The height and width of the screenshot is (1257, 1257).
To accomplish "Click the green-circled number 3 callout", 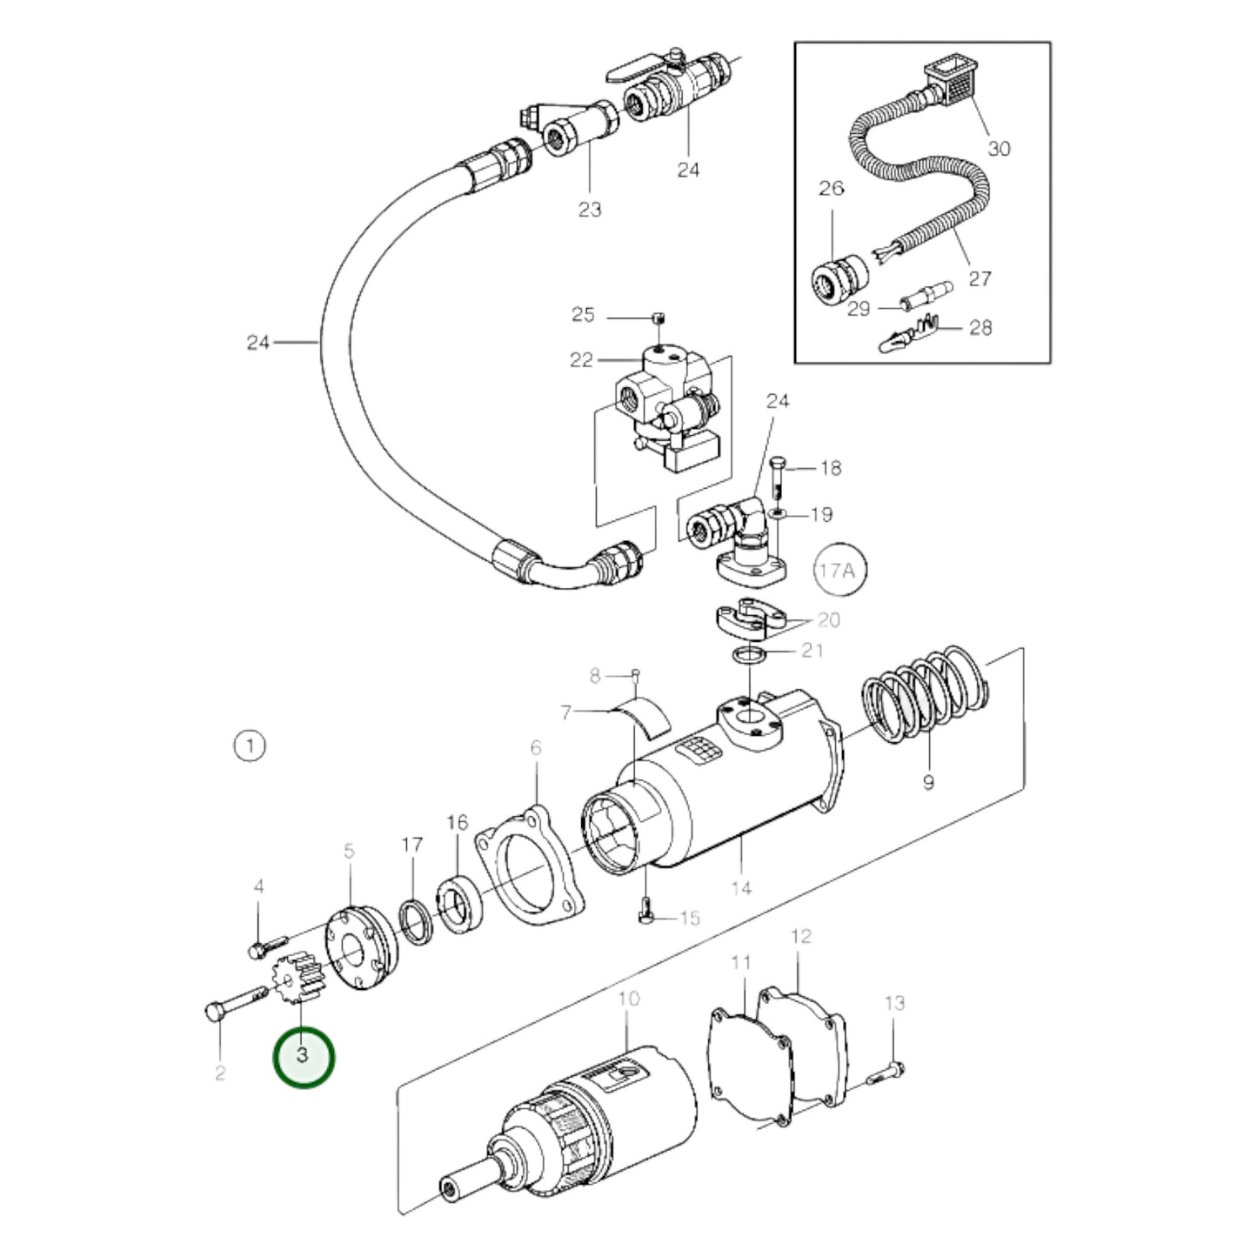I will [303, 1056].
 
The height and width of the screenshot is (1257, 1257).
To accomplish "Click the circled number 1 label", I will [250, 746].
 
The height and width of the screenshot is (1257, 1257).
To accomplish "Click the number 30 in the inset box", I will [1000, 149].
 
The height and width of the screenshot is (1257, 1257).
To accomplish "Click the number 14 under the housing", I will [741, 888].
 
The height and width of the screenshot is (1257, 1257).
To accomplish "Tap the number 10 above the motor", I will [628, 998].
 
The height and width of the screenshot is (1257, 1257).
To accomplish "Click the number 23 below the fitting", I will [590, 209].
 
